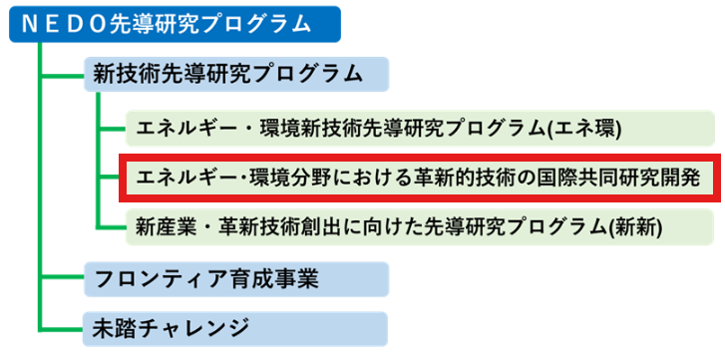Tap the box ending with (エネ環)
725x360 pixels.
418,128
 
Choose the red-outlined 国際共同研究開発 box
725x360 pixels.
418,180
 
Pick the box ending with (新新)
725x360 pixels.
418,226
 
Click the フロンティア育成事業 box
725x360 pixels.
233,277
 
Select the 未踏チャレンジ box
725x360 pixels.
233,326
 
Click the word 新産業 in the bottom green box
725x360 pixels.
159,227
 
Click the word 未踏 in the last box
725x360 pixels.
109,327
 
